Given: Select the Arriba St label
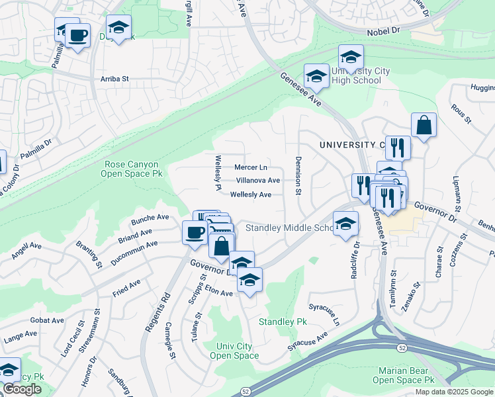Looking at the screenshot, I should tap(114, 78).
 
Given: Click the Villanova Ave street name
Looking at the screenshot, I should tap(258, 180).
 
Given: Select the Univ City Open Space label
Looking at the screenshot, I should tap(234, 351).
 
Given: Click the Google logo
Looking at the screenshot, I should tap(22, 389).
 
